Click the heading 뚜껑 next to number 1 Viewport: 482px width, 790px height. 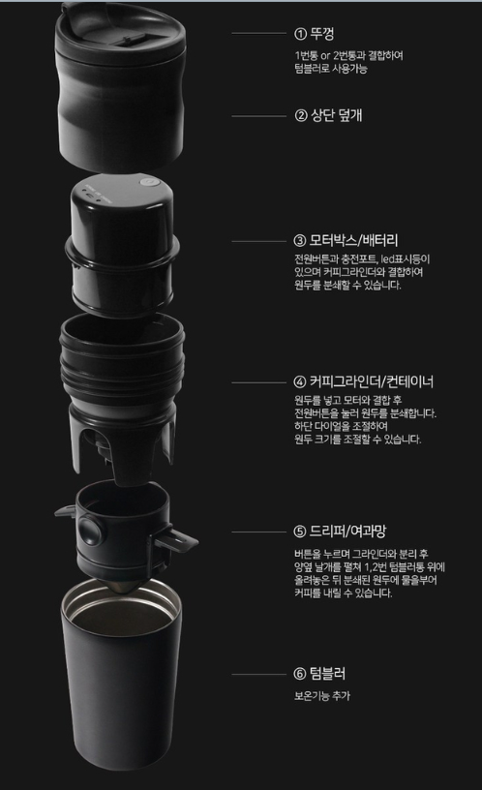point(322,34)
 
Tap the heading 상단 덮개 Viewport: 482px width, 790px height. point(337,115)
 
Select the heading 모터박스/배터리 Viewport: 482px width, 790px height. point(353,240)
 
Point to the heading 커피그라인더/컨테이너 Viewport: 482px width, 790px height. point(372,381)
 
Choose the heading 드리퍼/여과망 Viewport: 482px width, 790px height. point(347,531)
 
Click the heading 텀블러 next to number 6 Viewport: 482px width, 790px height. point(327,673)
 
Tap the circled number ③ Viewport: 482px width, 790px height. point(300,241)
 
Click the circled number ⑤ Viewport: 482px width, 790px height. point(300,532)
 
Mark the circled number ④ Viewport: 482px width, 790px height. point(300,381)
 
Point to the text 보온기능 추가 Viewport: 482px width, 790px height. point(322,696)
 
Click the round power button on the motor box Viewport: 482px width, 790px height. point(146,181)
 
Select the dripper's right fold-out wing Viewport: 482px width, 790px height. point(176,541)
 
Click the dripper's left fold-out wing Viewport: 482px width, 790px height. point(66,511)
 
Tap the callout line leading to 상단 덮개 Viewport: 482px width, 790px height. point(258,116)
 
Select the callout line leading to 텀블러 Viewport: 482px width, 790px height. point(258,674)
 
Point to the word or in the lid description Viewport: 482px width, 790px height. point(326,55)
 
